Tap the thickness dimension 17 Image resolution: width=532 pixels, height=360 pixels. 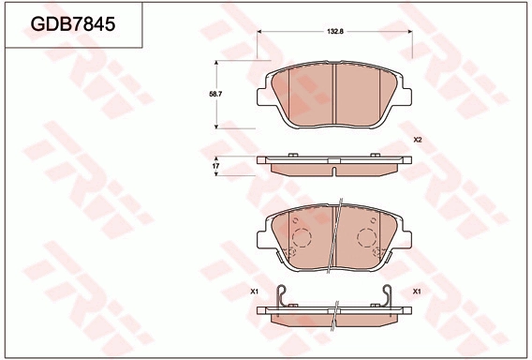point(216,166)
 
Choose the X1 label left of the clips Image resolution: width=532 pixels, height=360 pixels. point(254,292)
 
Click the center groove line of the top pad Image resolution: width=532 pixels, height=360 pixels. point(335,94)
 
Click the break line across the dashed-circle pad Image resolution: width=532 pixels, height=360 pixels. point(337,234)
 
